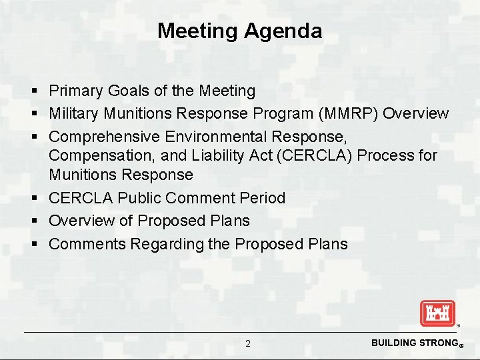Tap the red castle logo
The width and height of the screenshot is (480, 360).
coord(437,313)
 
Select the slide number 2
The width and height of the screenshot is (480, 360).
coord(248,343)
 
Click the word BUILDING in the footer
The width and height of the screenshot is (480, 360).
coord(394,343)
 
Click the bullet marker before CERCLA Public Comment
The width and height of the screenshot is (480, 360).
coord(33,199)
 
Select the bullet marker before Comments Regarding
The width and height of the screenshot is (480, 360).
coord(33,245)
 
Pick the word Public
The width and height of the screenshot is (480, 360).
coord(139,198)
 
